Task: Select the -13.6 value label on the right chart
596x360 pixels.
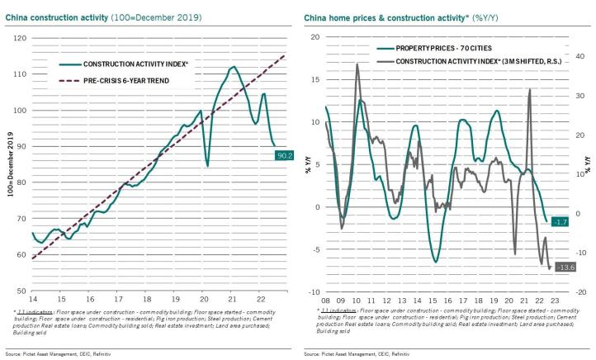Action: pyautogui.click(x=565, y=266)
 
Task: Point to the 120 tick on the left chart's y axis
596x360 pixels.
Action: pyautogui.click(x=19, y=38)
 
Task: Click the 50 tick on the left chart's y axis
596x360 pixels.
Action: pyautogui.click(x=19, y=291)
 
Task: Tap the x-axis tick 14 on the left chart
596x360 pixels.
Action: pyautogui.click(x=31, y=298)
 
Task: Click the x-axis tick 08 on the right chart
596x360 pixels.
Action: pyautogui.click(x=326, y=299)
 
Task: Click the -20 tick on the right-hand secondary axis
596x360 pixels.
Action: pyautogui.click(x=581, y=291)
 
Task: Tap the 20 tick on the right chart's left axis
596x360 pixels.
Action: pyautogui.click(x=314, y=37)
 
